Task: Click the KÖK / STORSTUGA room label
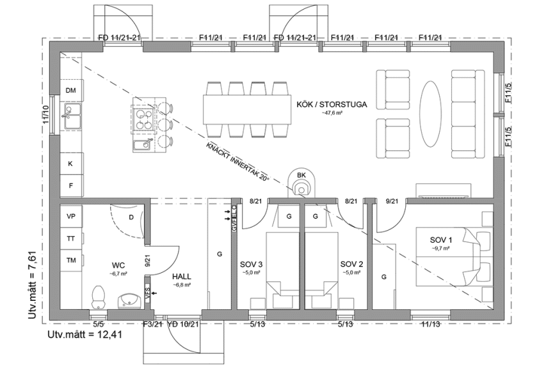pyautogui.click(x=332, y=105)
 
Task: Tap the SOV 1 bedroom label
pyautogui.click(x=441, y=240)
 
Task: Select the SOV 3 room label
pyautogui.click(x=252, y=264)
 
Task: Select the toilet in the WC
pyautogui.click(x=99, y=297)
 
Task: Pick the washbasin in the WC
pyautogui.click(x=129, y=299)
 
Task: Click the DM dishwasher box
pyautogui.click(x=70, y=91)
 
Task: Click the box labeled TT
pyautogui.click(x=70, y=238)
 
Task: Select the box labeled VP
pyautogui.click(x=70, y=217)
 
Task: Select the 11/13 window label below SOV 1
pyautogui.click(x=431, y=324)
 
